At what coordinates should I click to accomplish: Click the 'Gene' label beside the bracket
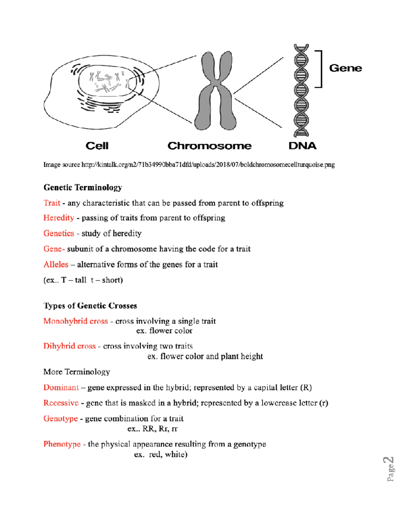[345, 68]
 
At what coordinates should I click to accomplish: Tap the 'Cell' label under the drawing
[97, 146]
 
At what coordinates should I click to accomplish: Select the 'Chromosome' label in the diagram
[209, 146]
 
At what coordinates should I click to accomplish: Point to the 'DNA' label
[302, 146]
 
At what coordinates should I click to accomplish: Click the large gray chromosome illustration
[215, 91]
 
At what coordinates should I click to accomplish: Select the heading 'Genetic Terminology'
[83, 187]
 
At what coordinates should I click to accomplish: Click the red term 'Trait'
[52, 203]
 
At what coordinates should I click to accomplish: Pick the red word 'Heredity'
[59, 218]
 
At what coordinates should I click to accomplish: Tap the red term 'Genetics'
[59, 233]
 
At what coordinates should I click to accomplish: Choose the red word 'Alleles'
[56, 264]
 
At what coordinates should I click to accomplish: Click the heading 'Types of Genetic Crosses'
[90, 306]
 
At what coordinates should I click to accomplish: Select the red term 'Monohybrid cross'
[76, 321]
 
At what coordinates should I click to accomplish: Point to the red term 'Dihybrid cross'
[70, 346]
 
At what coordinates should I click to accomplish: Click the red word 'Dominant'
[61, 387]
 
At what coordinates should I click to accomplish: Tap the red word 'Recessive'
[61, 403]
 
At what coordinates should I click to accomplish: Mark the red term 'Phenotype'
[62, 444]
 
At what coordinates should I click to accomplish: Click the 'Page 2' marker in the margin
[390, 469]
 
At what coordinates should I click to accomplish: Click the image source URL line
[189, 165]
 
